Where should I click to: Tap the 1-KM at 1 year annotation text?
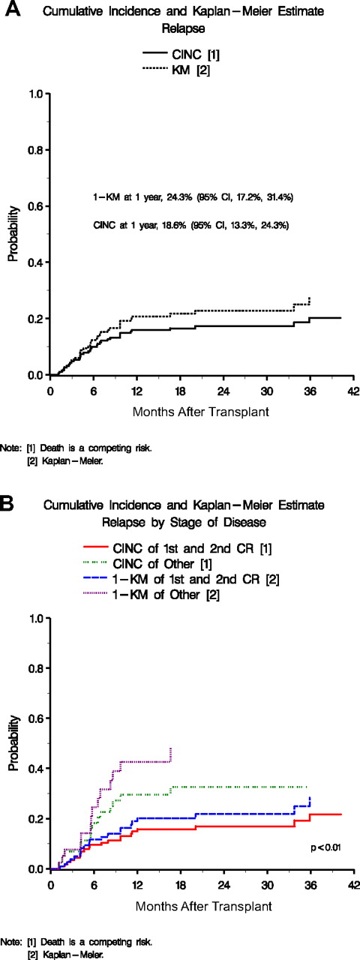point(187,197)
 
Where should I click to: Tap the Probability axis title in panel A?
point(12,235)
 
